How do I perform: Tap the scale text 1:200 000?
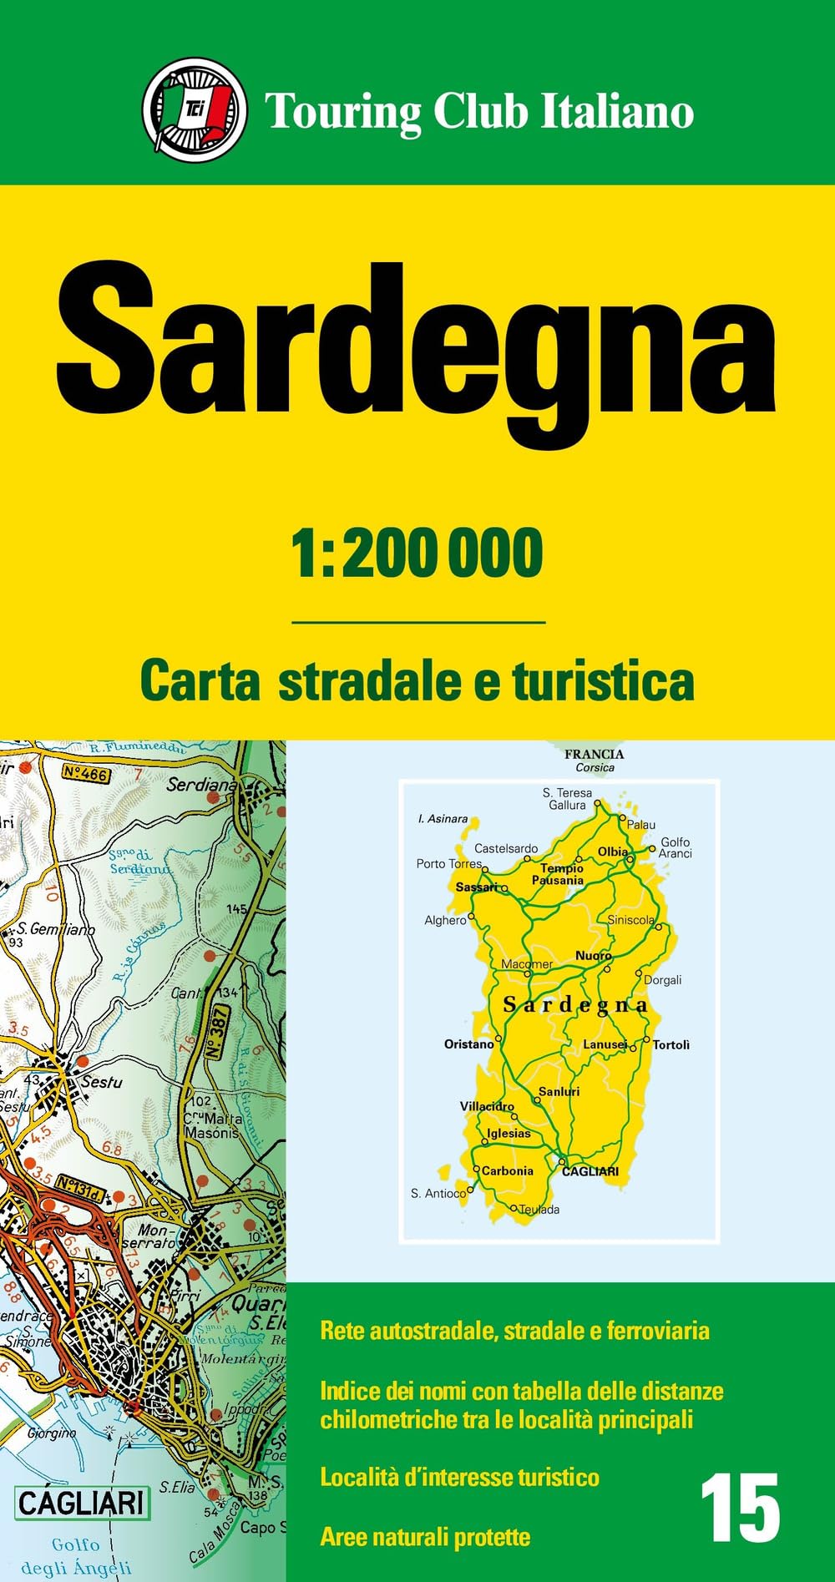[x=417, y=553]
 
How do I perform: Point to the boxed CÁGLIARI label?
[x=82, y=1504]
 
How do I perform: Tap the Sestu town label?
[x=102, y=1082]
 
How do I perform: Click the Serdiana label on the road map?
[x=201, y=785]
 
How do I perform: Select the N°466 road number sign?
[x=85, y=774]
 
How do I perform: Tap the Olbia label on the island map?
[x=613, y=852]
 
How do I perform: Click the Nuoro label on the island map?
[x=594, y=955]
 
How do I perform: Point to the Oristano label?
[x=468, y=1044]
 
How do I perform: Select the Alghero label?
[x=445, y=920]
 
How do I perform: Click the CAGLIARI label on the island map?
[x=590, y=1171]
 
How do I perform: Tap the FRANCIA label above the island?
[x=594, y=754]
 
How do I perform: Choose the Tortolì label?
[x=671, y=1044]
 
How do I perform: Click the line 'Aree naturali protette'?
[x=425, y=1537]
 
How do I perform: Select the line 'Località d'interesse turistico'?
[x=459, y=1477]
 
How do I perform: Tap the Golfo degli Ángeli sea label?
[x=76, y=1556]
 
